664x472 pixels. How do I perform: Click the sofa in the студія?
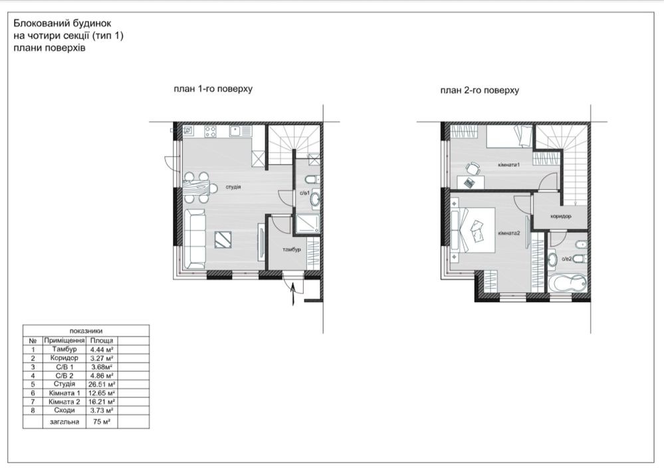194,239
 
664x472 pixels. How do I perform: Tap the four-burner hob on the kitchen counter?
210,131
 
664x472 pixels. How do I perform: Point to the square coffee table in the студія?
223,239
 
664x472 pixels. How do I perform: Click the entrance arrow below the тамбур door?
292,293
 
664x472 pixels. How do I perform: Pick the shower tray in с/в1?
308,224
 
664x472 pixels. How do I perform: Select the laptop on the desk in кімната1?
469,183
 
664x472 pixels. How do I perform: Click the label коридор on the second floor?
561,216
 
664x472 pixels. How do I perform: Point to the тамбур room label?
292,249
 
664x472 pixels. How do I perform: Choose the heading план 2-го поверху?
479,90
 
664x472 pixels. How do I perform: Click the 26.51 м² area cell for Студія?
102,384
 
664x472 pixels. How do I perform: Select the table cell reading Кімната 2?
64,402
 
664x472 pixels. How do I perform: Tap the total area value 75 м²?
102,421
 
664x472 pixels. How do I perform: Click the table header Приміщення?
64,340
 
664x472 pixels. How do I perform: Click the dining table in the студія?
197,186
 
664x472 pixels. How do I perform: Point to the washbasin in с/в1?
314,199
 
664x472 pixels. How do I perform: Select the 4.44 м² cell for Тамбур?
102,350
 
